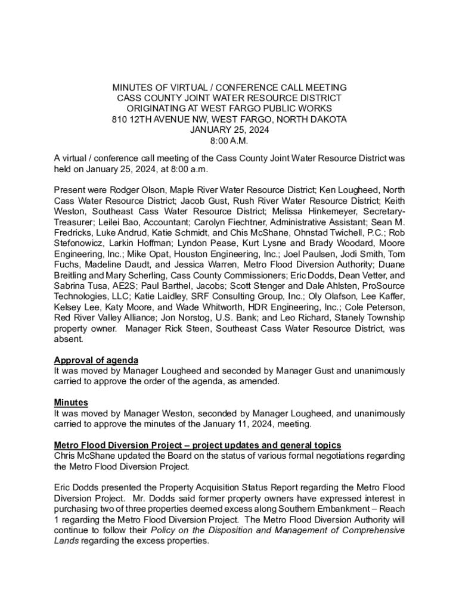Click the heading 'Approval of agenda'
96,360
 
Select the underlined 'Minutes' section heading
71,403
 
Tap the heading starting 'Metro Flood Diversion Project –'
197,445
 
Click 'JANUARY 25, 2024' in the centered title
229,130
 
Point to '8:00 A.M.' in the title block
229,141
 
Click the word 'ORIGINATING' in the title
154,108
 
